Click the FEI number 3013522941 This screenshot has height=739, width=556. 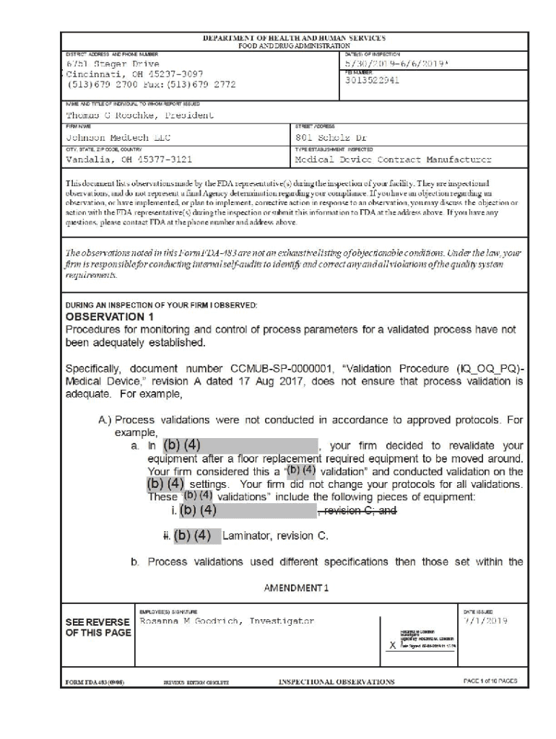tap(373, 80)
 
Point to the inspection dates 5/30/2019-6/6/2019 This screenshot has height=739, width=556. tap(401, 64)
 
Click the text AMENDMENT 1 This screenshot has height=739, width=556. tap(296, 587)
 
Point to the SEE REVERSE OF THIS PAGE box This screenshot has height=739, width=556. tap(98, 627)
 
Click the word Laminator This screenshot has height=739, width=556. tap(248, 536)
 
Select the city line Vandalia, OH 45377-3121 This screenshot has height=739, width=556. tap(129, 159)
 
